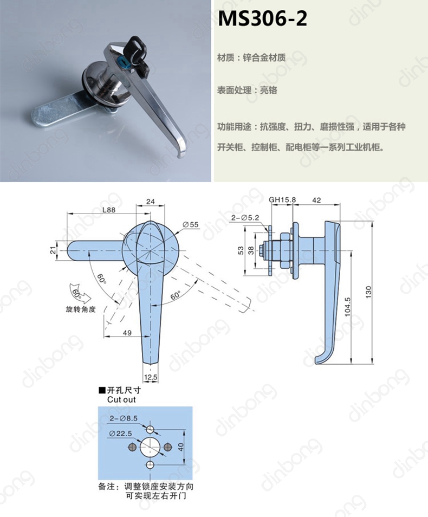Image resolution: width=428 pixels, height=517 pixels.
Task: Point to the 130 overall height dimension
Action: (x=368, y=293)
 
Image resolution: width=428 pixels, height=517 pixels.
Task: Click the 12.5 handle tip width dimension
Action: (x=151, y=377)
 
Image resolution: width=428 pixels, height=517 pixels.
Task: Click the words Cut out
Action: (x=121, y=399)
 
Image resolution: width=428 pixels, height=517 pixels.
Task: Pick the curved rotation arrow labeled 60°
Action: (x=76, y=294)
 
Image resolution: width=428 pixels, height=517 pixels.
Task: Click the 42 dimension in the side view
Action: (x=317, y=200)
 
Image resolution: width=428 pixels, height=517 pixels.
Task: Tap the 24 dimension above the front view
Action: (x=151, y=202)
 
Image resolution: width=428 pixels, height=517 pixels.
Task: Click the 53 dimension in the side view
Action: (x=241, y=250)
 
